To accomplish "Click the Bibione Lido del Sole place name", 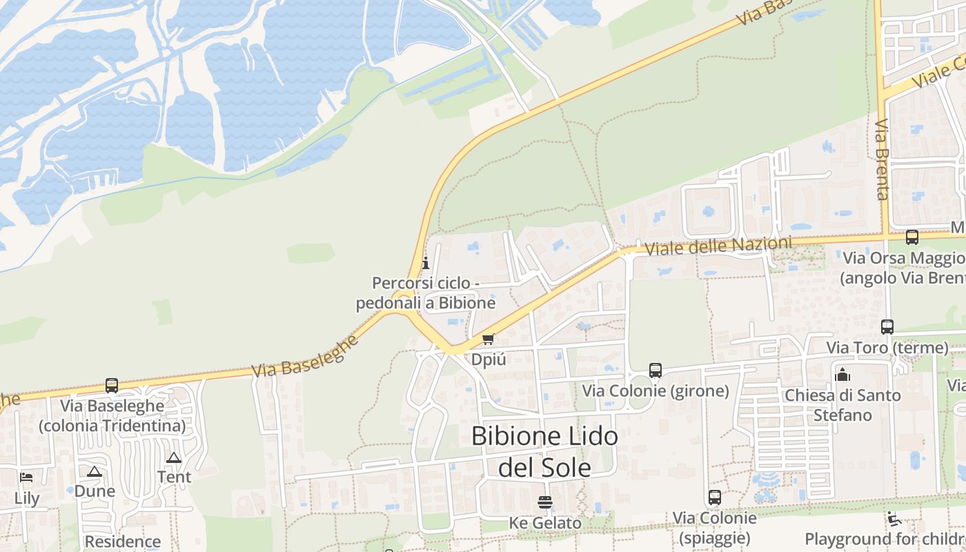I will (x=544, y=451).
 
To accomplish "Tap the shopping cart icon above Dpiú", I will (x=489, y=339).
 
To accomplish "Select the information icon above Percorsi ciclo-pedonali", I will (x=425, y=263).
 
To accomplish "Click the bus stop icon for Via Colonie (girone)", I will (x=655, y=371).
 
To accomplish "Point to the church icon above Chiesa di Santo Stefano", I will (x=842, y=375).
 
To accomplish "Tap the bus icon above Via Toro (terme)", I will (x=887, y=326).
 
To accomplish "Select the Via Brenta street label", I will (x=882, y=159).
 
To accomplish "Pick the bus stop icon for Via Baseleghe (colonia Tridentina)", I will (x=112, y=386).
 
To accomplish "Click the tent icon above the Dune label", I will (x=95, y=471).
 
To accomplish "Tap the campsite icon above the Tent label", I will (x=174, y=457).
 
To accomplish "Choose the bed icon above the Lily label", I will (x=26, y=477).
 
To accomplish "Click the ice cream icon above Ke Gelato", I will (x=545, y=502).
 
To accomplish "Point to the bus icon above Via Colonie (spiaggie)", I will (x=715, y=497).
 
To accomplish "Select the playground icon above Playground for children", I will (x=894, y=518).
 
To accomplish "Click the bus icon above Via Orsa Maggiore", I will (x=912, y=237).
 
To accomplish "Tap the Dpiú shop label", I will (x=489, y=359).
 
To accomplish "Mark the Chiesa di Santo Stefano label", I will (x=842, y=405).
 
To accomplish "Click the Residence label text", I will (x=123, y=542).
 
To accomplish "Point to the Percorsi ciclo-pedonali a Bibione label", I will (x=426, y=293).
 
